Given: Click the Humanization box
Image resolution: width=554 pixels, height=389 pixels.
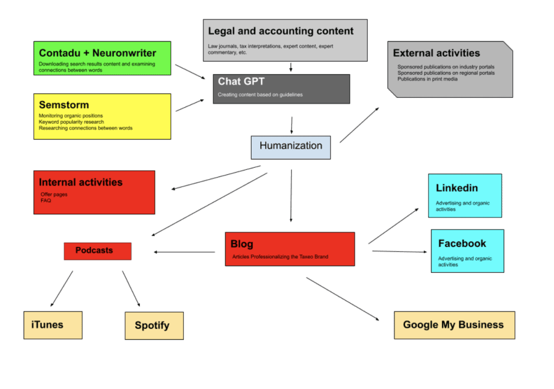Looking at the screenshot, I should (291, 147).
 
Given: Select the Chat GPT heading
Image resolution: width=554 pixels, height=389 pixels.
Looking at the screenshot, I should (238, 82).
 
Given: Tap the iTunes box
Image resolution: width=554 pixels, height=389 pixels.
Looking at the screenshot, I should (53, 325).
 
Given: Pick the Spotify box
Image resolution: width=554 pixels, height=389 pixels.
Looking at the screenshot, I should (154, 325).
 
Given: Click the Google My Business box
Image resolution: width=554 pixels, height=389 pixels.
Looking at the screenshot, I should (454, 325).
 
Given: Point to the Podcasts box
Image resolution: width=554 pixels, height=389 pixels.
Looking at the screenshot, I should (97, 250).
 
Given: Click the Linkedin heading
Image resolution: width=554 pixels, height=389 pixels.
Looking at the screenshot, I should (457, 188).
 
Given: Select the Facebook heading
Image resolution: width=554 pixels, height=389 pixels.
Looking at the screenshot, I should (462, 243).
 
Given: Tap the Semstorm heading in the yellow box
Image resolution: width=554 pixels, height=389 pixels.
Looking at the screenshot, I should (64, 105).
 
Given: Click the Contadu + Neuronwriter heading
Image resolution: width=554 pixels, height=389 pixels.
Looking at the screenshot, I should (97, 53).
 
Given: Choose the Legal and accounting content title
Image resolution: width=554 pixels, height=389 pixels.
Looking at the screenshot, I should (281, 31).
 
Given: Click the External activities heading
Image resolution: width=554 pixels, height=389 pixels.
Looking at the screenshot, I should (436, 53).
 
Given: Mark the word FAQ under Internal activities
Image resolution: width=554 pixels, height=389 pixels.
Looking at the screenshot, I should (45, 200).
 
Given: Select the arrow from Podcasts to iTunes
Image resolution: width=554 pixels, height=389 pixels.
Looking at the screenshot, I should (61, 289).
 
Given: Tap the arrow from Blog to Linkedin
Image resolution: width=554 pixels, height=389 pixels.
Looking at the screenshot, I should (393, 226).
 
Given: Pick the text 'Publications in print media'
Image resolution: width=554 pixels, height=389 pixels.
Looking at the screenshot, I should (427, 79).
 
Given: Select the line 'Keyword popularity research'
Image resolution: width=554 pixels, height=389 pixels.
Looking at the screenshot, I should (71, 122).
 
